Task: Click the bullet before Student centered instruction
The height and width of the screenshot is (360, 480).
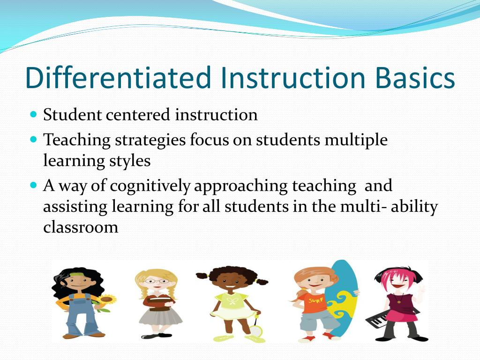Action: (x=33, y=114)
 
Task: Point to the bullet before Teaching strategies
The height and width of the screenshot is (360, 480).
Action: (x=33, y=140)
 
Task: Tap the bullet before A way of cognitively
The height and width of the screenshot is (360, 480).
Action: (x=33, y=186)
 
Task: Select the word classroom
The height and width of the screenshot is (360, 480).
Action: (x=81, y=227)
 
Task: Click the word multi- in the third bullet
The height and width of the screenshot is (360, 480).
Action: (x=360, y=207)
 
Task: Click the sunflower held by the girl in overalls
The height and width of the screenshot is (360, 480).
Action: (x=107, y=299)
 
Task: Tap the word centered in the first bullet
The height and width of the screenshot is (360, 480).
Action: (x=138, y=115)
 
